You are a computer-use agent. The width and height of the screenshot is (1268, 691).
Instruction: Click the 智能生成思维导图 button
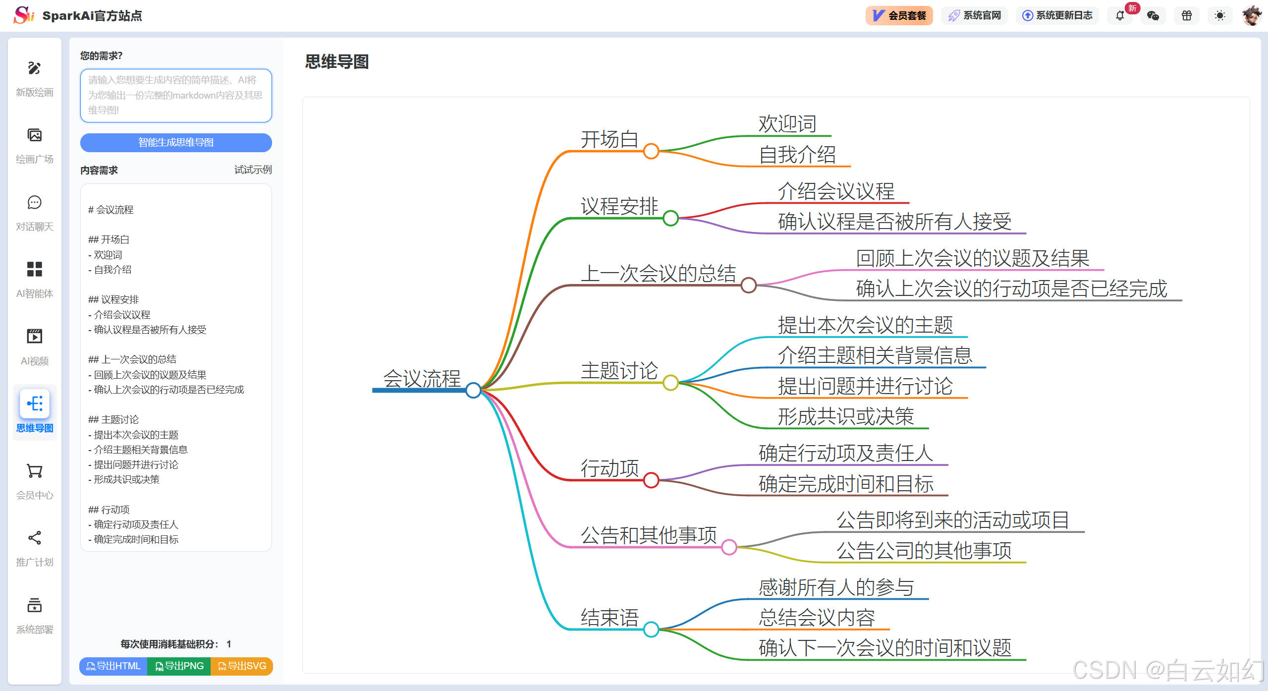pos(176,143)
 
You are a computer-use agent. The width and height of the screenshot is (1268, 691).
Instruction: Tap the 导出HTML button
pos(113,666)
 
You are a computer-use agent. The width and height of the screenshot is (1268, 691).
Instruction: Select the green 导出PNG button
pos(179,666)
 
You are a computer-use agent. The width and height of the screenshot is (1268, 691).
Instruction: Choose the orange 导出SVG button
pos(242,666)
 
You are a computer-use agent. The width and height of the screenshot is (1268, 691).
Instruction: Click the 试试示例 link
pos(253,170)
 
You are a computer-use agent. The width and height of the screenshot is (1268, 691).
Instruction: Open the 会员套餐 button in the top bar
pos(899,16)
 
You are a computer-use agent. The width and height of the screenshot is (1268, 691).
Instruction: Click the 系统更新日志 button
pos(1057,16)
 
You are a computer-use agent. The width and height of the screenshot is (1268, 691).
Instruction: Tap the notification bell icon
pos(1120,16)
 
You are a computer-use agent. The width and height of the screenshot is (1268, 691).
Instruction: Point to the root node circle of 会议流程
pos(473,390)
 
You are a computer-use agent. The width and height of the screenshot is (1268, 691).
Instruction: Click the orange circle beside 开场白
pos(651,151)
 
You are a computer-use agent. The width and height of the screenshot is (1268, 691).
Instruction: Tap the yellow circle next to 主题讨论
pos(670,382)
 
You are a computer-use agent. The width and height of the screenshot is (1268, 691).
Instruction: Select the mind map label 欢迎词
pos(787,124)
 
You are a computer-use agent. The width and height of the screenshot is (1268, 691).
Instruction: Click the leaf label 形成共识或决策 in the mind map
pos(845,416)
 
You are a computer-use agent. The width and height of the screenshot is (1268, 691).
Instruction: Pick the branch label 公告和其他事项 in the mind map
pos(649,535)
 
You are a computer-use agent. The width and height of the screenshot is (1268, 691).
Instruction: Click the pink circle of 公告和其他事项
pos(729,547)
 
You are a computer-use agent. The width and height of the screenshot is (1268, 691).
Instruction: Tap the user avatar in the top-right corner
pos(1252,16)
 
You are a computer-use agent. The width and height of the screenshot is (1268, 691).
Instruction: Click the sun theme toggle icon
pos(1220,16)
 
